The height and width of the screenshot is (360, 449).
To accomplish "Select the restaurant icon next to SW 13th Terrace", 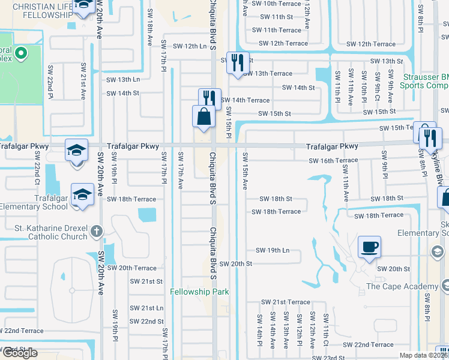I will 237,62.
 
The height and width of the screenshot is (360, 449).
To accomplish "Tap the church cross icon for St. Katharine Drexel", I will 96,232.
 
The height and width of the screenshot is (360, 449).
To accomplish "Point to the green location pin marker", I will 20,55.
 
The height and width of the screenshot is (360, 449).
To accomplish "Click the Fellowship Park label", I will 199,292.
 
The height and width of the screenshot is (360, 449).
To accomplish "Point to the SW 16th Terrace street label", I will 333,161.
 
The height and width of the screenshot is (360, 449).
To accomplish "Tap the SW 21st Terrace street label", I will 285,302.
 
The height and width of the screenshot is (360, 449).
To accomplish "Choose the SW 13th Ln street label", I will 123,79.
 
